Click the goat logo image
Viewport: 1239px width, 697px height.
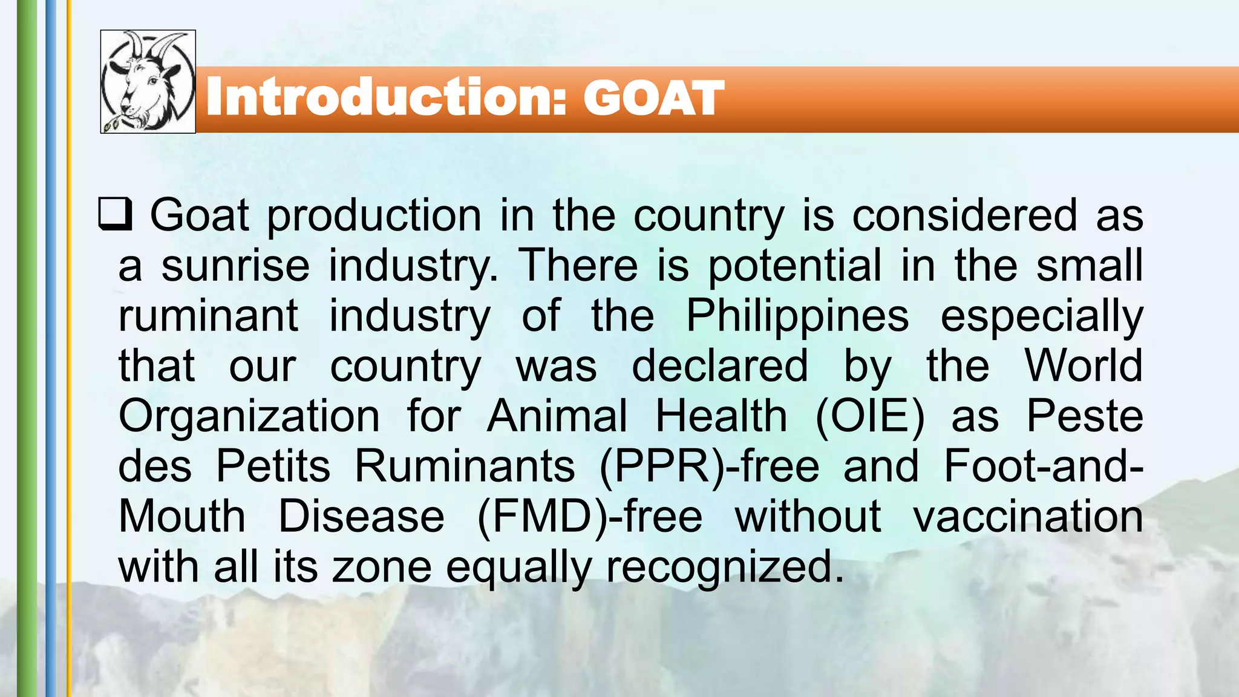click(x=148, y=82)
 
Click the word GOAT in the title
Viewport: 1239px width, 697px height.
click(x=653, y=98)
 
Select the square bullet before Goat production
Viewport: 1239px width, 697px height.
click(x=115, y=215)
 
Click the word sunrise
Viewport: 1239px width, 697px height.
click(x=235, y=266)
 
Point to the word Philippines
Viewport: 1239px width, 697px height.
click(x=797, y=316)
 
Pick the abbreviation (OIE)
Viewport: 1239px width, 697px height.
click(x=870, y=416)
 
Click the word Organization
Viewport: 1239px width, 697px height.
click(x=249, y=416)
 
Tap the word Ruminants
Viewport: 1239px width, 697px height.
click(x=464, y=466)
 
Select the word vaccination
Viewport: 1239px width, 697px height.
click(x=1028, y=517)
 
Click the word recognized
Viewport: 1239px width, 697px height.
click(x=725, y=568)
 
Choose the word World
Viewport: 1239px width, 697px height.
click(x=1084, y=366)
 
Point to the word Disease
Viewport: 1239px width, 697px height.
click(x=361, y=517)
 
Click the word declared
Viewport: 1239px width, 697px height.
click(x=720, y=366)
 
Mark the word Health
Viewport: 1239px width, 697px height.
click(x=721, y=416)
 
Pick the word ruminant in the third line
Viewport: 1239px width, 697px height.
click(x=208, y=316)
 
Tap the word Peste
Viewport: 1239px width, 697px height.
click(x=1085, y=416)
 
